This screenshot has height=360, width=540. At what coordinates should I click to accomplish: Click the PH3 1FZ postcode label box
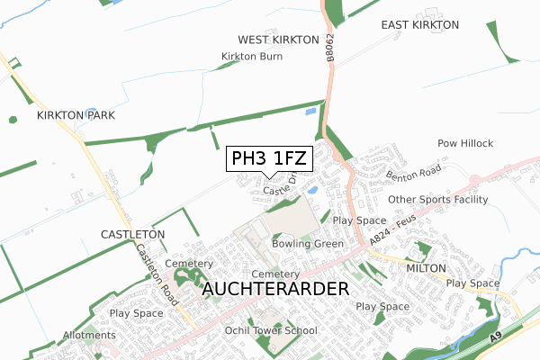(x=269, y=159)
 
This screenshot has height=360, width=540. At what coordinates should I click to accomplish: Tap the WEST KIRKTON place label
(x=279, y=40)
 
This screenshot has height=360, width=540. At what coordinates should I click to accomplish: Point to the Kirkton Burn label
(x=252, y=57)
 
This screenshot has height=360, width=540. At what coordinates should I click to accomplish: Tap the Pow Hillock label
(x=465, y=144)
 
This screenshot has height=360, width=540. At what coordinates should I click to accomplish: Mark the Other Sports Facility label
(x=437, y=200)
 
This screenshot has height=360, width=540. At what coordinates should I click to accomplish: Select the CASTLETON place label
(x=133, y=234)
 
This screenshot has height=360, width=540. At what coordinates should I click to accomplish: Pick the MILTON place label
(x=426, y=268)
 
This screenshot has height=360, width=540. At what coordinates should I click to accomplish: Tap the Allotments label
(x=89, y=336)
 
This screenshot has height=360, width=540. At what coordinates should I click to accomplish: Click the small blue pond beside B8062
(x=311, y=112)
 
